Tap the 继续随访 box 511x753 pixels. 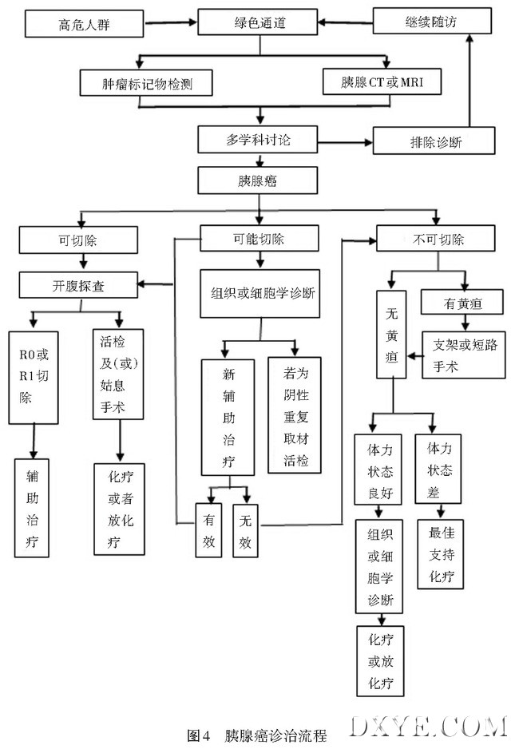[432, 22]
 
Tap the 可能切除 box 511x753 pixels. [259, 239]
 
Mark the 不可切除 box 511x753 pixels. [432, 239]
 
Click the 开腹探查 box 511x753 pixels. [78, 283]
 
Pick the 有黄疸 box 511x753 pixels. [462, 303]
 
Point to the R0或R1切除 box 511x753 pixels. [33, 377]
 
